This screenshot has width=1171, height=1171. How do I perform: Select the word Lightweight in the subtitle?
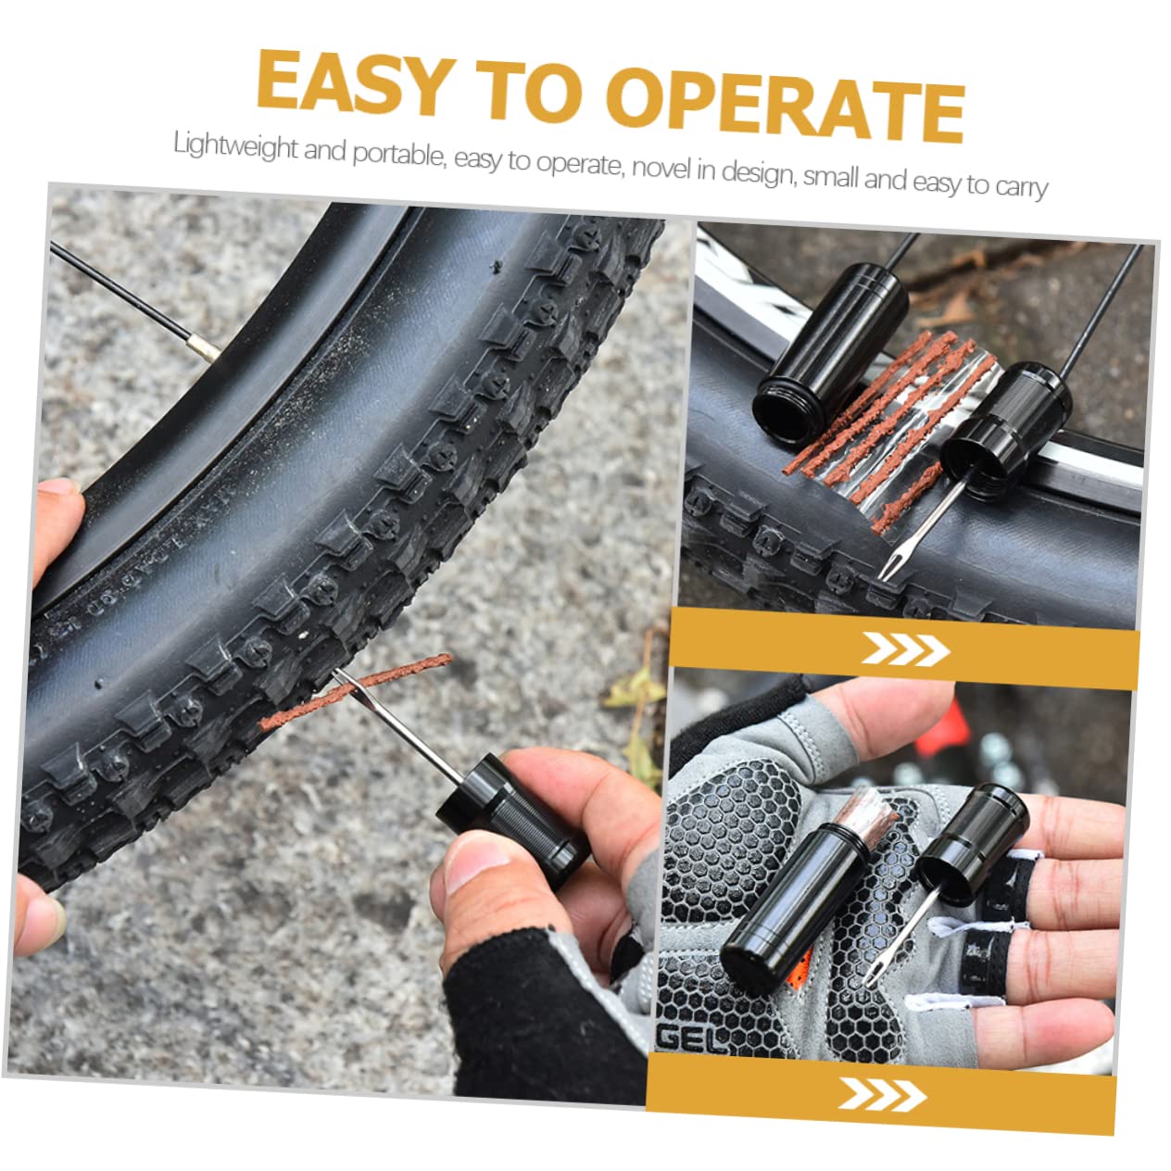point(236,146)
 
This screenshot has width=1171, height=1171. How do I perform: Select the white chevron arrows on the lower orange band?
point(882,1093)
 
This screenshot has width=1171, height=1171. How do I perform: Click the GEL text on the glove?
point(691,1038)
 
